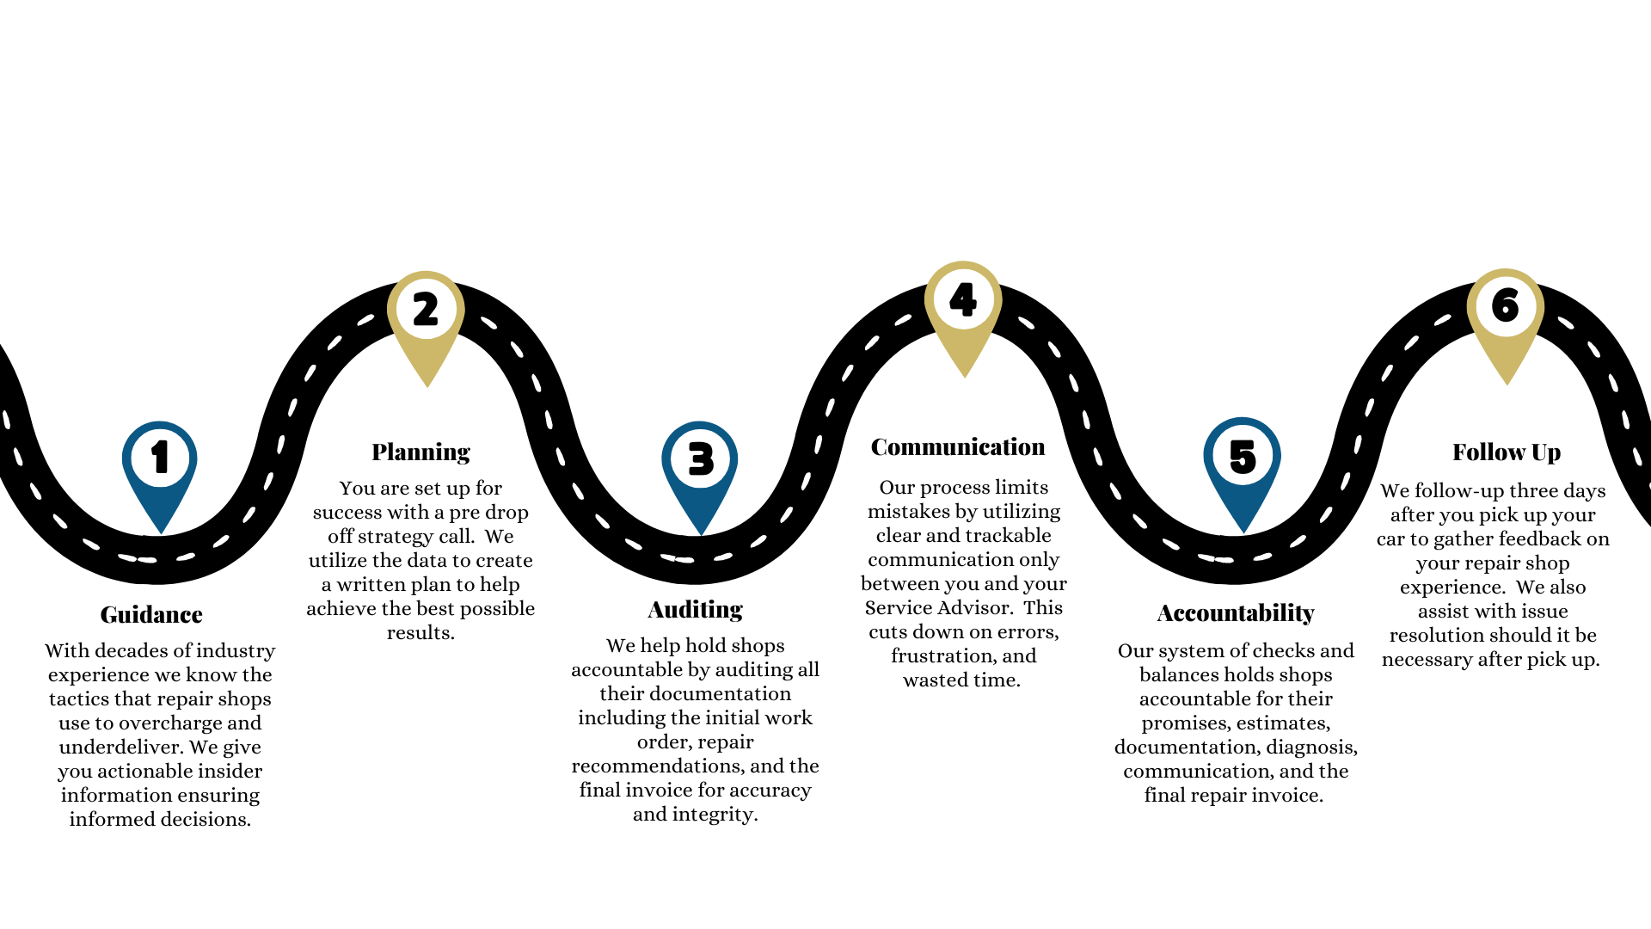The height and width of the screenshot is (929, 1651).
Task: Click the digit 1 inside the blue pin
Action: [160, 457]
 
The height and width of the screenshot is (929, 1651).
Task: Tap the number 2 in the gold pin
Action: [426, 309]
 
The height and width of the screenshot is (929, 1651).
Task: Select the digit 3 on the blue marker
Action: [701, 459]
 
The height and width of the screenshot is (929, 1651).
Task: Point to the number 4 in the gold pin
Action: [963, 299]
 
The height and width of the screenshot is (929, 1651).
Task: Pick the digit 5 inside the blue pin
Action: [1243, 456]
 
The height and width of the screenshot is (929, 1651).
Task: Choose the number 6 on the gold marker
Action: [1506, 305]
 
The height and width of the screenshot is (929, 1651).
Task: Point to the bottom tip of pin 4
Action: [965, 377]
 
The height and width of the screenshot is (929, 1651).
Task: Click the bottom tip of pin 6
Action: [1507, 385]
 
